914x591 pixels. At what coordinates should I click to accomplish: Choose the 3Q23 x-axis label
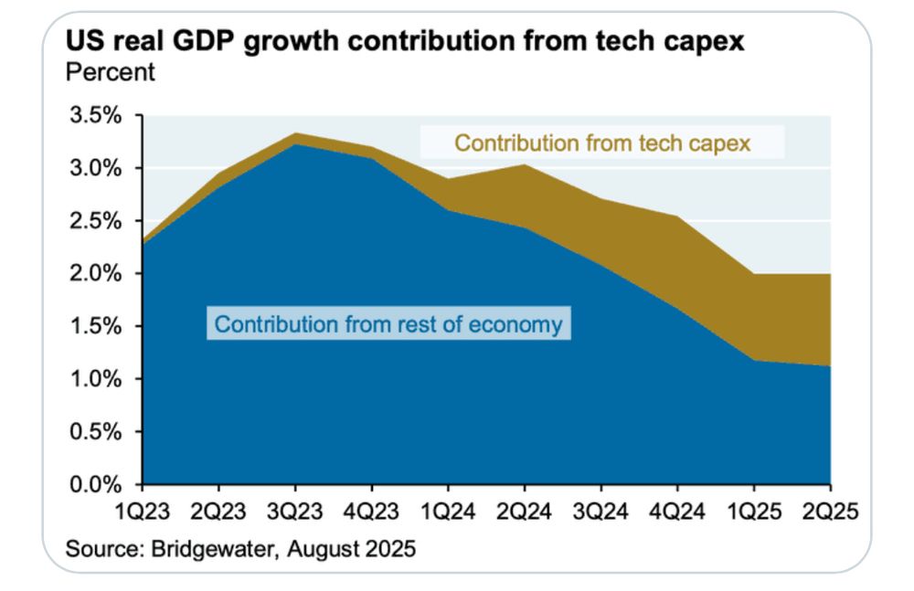coord(295,512)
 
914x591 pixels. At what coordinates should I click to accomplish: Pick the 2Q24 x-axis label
coord(525,512)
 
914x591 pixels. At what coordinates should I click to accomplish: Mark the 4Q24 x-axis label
coord(677,512)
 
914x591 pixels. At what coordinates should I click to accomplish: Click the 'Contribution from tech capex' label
coord(602,143)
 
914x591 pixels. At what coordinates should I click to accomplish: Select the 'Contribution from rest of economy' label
coord(388,324)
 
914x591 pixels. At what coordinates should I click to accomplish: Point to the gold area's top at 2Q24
coord(525,164)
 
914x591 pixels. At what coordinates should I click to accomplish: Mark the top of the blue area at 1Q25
coord(754,360)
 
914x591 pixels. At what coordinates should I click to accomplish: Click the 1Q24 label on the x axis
coord(449,512)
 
